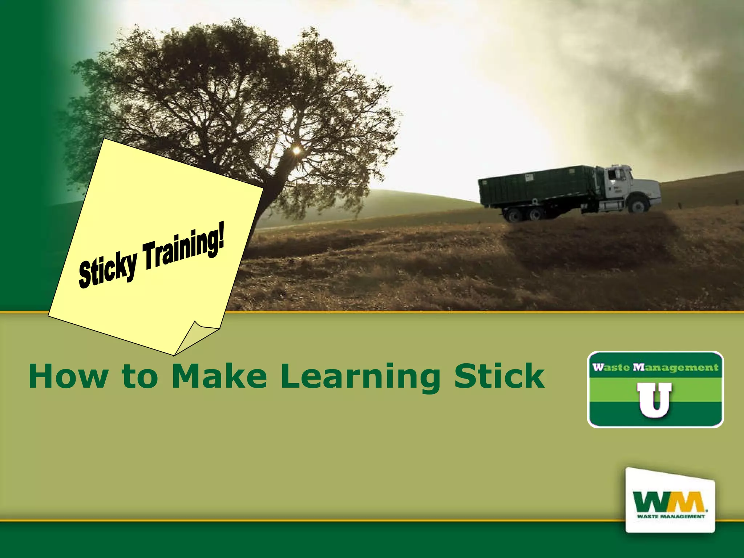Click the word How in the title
point(68,376)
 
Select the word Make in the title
point(219,376)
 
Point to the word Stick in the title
point(500,376)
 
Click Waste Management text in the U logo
point(655,367)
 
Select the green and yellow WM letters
point(668,502)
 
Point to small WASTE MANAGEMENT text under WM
point(671,516)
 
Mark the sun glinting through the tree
point(296,150)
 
